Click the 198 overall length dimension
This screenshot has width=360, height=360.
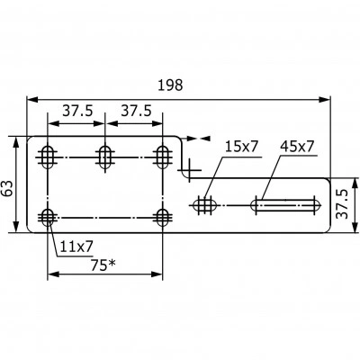pyautogui.click(x=170, y=85)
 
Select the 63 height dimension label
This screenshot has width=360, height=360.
pyautogui.click(x=7, y=188)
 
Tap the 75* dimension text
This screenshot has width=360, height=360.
pyautogui.click(x=103, y=265)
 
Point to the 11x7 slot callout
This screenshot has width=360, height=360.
pyautogui.click(x=76, y=247)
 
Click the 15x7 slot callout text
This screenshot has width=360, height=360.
pyautogui.click(x=242, y=147)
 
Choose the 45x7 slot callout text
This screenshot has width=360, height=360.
pyautogui.click(x=297, y=147)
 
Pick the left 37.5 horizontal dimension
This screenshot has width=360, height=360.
pyautogui.click(x=77, y=112)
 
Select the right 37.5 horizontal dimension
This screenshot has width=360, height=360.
pyautogui.click(x=136, y=112)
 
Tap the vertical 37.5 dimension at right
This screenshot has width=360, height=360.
pyautogui.click(x=343, y=203)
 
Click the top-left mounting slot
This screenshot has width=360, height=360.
pyautogui.click(x=48, y=157)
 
